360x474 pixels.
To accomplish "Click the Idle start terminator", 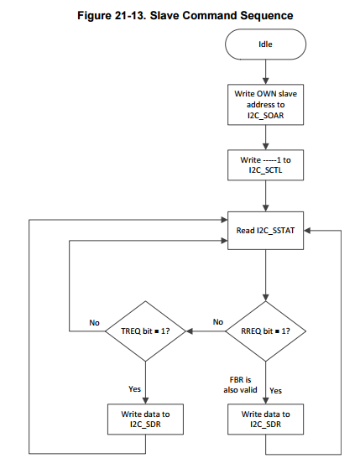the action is click(265, 44).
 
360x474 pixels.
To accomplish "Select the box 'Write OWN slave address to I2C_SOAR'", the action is click(265, 105).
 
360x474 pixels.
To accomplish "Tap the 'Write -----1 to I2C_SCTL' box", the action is click(265, 165).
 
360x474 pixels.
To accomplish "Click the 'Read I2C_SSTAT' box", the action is click(265, 231).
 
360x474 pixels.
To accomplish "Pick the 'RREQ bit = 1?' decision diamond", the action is click(265, 331).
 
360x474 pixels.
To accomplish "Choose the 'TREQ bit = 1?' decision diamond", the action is click(145, 331).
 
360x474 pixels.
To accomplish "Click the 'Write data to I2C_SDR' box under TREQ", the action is click(145, 419).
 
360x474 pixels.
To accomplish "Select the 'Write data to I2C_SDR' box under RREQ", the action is click(265, 419).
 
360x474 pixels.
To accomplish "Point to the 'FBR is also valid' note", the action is click(240, 385).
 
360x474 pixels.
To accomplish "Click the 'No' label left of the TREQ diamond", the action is click(94, 323).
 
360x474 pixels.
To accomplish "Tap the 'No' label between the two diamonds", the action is click(218, 322).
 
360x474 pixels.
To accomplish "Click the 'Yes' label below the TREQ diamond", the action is click(134, 388).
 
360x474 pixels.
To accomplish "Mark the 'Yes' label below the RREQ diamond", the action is click(276, 391).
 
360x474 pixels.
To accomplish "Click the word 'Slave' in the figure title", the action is click(164, 15).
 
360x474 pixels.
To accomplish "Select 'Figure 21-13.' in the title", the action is click(112, 15).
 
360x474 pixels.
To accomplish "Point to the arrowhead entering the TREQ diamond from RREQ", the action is click(189, 331).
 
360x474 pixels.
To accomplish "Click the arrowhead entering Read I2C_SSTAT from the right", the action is click(307, 231).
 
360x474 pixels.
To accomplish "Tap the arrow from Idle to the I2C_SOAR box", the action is click(266, 71).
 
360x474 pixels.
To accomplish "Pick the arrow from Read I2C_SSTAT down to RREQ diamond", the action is click(266, 275).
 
